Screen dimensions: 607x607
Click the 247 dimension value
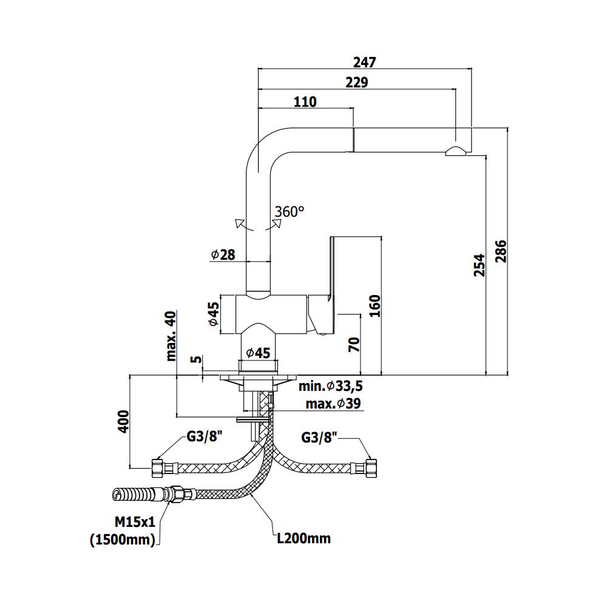pos(365,62)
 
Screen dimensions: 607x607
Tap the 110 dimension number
pos(305,101)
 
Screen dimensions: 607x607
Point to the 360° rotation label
pos(289,211)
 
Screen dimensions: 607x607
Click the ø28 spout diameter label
pos(223,255)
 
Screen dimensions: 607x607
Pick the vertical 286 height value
pos(501,251)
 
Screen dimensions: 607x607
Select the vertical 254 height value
pos(480,265)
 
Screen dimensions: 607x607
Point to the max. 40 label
pos(171,335)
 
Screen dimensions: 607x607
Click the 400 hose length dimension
pos(124,421)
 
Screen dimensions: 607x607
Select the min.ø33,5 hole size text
pos(330,386)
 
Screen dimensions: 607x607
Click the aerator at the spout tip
pos(456,151)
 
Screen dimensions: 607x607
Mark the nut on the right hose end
pos(370,467)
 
